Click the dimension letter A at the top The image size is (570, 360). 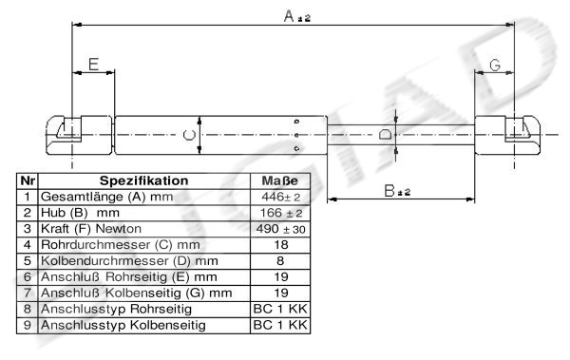pos(289,15)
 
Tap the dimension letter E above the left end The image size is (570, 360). pos(94,65)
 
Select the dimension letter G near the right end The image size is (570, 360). pos(495,66)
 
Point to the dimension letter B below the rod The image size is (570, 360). pos(389,190)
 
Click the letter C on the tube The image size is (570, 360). pos(189,135)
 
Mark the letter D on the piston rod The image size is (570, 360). pos(385,134)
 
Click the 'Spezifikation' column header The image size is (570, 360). pos(144,180)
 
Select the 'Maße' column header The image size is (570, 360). pos(280,180)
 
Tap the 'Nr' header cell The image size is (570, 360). pos(28,180)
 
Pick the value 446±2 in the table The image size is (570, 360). pos(280,197)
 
